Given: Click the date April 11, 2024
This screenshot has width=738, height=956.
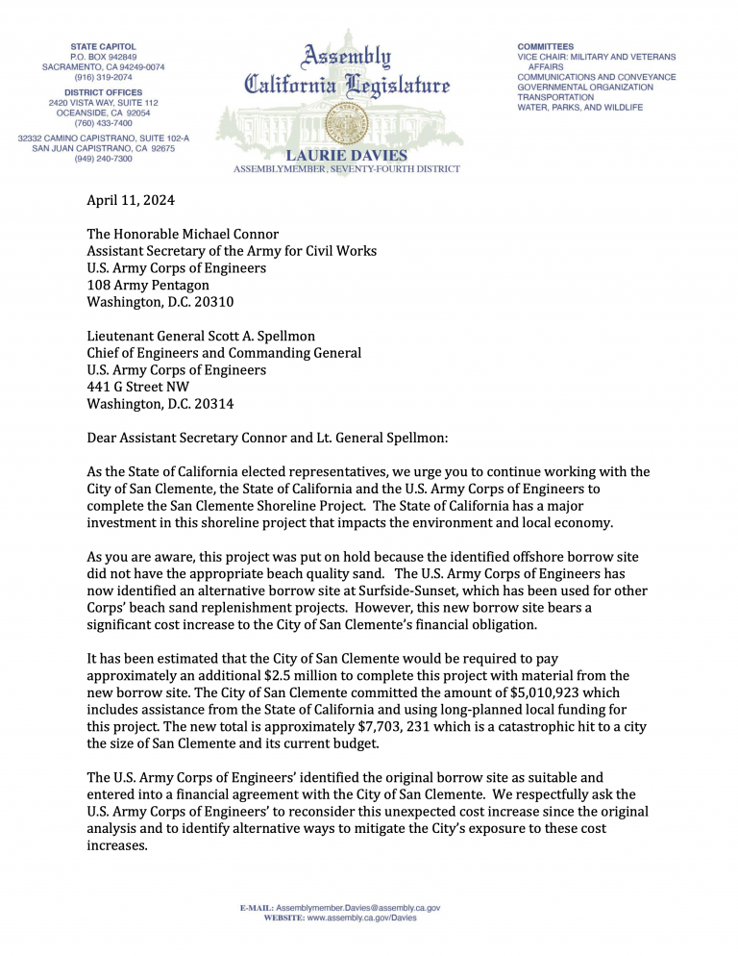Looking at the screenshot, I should (131, 201).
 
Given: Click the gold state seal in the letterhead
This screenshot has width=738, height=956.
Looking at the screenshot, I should (340, 123).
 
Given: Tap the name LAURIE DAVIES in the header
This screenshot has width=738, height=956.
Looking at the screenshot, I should (346, 156).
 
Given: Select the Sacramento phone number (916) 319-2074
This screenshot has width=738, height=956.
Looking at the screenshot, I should (104, 78).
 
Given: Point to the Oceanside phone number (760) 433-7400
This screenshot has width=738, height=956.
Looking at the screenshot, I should (104, 123).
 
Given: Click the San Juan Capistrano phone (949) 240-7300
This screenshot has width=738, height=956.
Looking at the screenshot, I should (104, 159).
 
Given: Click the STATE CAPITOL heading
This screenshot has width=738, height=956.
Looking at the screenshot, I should (104, 46).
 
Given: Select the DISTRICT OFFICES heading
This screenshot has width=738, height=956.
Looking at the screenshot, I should (104, 92).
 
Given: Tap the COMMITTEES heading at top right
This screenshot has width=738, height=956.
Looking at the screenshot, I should (546, 46).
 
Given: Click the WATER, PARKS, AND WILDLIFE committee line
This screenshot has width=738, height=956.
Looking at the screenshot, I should (579, 108).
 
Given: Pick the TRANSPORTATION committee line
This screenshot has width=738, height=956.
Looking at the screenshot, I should (556, 97).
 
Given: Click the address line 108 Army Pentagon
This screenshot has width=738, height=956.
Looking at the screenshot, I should (148, 285).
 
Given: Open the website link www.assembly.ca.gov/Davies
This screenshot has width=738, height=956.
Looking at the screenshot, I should (361, 918).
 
